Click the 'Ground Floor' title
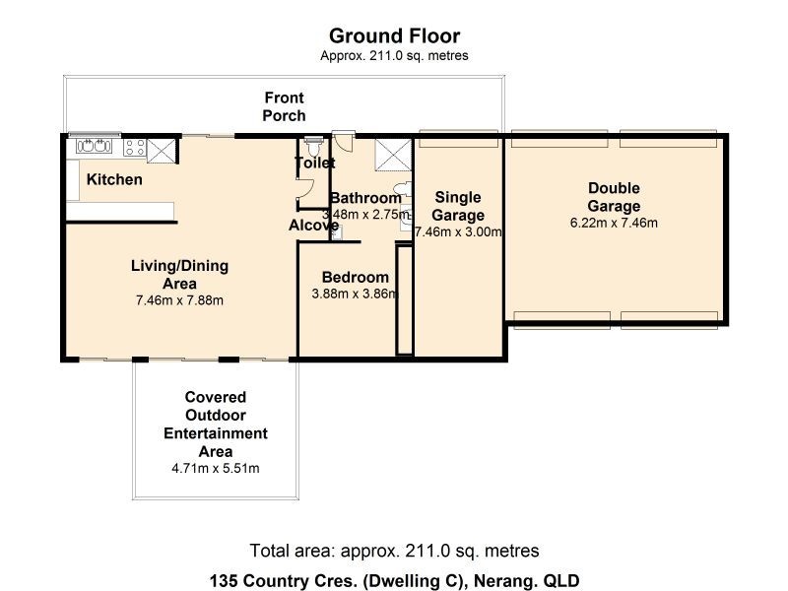(394, 37)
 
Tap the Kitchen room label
(114, 179)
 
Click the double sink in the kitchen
(94, 148)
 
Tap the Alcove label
(313, 226)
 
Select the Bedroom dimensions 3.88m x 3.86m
(355, 294)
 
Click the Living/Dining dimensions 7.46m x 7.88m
(179, 300)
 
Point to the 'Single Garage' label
(459, 206)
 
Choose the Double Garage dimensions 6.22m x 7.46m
(614, 223)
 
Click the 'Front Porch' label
(283, 106)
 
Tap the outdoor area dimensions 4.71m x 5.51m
(215, 468)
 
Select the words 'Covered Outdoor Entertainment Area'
(215, 424)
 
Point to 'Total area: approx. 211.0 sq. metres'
(394, 551)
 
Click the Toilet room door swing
(302, 194)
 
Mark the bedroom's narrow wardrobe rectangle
(403, 321)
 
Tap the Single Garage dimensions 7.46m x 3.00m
(459, 233)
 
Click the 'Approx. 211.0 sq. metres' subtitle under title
(394, 56)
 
